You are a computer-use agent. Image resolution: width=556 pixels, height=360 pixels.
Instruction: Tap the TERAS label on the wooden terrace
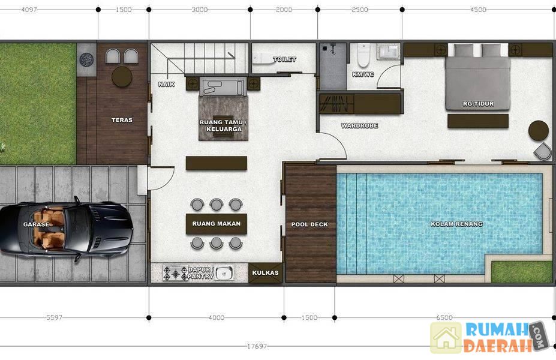(122, 120)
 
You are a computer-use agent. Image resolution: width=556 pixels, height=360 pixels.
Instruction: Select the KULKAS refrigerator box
(265, 273)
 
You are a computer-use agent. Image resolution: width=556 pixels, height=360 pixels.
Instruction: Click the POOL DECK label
(309, 224)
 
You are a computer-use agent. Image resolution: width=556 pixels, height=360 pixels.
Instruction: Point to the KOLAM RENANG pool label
(456, 224)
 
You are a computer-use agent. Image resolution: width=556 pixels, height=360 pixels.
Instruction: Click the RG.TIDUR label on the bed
(479, 104)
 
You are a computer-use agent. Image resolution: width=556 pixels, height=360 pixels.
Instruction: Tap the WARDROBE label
(359, 125)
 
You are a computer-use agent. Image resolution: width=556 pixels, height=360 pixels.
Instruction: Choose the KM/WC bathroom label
(363, 74)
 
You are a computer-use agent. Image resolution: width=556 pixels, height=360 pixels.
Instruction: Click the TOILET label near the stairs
(285, 59)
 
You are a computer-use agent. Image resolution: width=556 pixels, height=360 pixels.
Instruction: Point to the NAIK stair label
(166, 85)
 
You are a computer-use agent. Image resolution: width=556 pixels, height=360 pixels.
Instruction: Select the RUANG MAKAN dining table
(217, 224)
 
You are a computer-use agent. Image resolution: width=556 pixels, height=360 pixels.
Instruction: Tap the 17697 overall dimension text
(257, 346)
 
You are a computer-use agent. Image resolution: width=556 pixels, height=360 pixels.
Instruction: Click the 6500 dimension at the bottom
(444, 317)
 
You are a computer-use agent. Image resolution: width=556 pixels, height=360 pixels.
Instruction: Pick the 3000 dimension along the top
(200, 10)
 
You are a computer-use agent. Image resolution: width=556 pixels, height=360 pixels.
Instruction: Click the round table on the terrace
(122, 76)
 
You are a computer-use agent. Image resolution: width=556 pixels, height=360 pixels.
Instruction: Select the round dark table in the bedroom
(539, 131)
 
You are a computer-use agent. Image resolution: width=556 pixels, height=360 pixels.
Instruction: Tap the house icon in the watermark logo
(446, 337)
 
